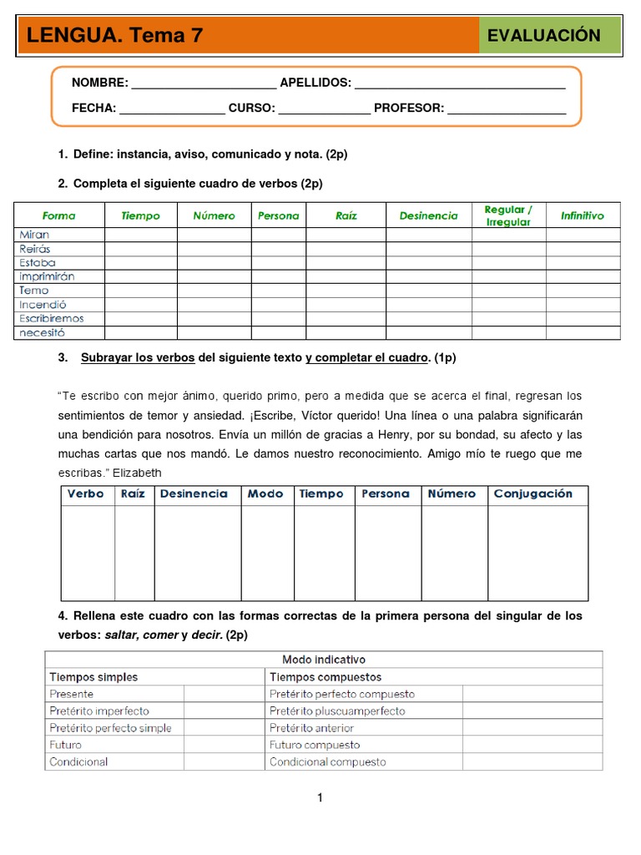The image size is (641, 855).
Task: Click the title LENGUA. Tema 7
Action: coord(115,35)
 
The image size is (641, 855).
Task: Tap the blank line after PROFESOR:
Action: coord(507,109)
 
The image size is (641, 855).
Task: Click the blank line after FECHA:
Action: coord(172,109)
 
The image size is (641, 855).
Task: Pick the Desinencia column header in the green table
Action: coord(428,215)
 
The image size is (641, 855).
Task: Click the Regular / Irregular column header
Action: coord(508,215)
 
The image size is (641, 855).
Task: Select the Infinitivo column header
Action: coord(583,215)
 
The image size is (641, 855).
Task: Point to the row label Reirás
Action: coord(35,249)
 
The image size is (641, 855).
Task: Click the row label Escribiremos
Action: coord(52,318)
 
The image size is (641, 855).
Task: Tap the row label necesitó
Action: coord(42,332)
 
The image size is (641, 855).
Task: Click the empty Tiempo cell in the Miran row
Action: coord(140,235)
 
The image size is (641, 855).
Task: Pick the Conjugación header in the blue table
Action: coord(532,493)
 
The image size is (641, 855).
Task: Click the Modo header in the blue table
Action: coord(265,493)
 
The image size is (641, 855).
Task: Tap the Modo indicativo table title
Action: coord(324,660)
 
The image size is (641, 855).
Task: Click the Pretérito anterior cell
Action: coord(312,728)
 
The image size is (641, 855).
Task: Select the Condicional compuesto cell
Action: coord(328,761)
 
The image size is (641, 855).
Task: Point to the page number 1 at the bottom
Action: coord(320,798)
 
